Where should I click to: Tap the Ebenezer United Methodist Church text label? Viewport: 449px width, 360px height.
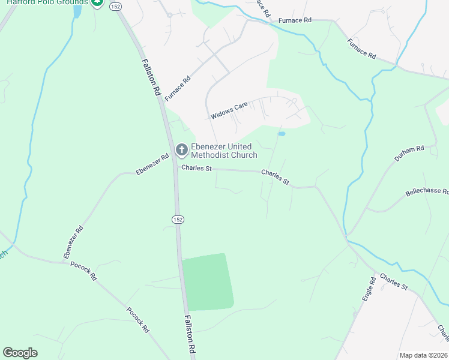(224, 151)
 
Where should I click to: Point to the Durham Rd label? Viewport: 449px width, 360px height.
(409, 153)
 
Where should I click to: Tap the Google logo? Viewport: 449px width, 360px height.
(20, 353)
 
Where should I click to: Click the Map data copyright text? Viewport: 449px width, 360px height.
(423, 355)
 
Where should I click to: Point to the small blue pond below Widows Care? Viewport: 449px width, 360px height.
(281, 134)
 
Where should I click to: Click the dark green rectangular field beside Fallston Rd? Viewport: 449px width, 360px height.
(206, 281)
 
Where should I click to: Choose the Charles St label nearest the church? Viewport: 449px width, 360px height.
(197, 169)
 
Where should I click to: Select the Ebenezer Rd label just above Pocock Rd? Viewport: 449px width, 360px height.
(72, 242)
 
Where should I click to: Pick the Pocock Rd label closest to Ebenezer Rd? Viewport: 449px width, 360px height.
(83, 271)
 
